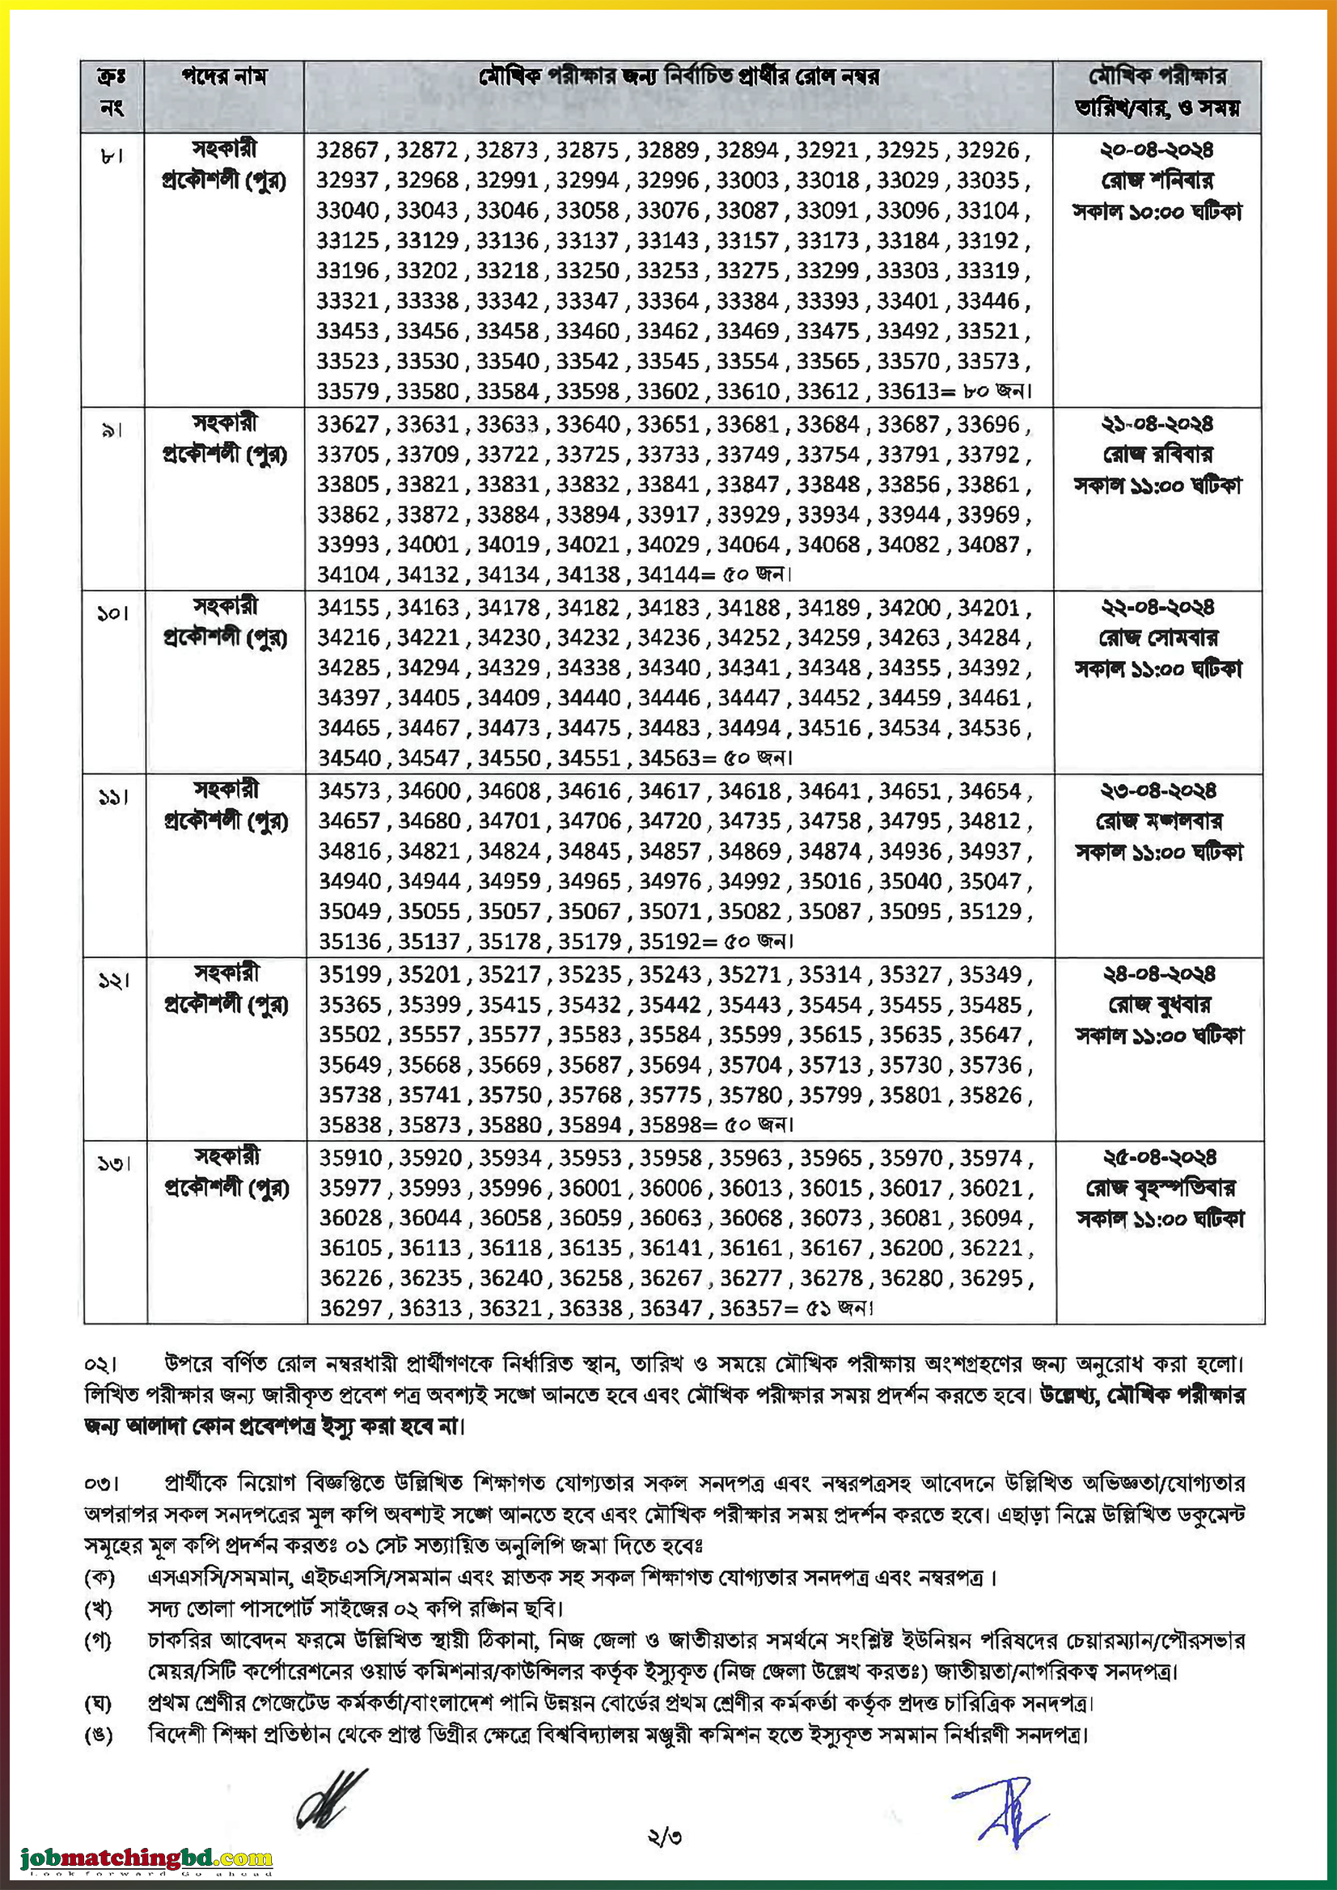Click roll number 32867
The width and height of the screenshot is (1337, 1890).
(348, 150)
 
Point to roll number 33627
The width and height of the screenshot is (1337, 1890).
(349, 425)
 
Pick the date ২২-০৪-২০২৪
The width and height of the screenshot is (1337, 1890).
(1157, 608)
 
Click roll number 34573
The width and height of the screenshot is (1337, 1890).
(350, 791)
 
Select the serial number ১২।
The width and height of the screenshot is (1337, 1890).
(113, 981)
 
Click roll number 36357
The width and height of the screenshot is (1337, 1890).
(751, 1308)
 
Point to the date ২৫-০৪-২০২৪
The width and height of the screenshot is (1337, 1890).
(1159, 1158)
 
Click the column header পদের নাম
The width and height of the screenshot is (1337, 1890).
(224, 78)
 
